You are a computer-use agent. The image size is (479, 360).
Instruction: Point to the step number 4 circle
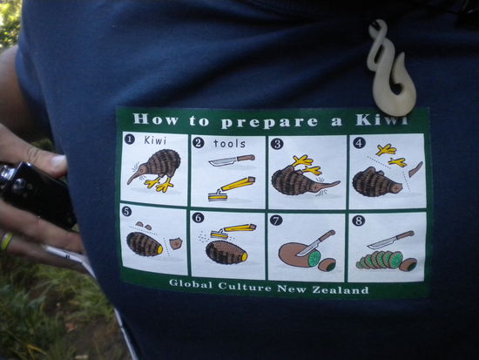360,143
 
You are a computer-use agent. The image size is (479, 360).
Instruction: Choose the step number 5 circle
127,211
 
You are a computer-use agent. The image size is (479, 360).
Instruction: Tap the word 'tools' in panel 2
229,143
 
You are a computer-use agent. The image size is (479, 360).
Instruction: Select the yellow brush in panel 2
231,187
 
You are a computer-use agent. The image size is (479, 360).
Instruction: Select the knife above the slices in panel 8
391,239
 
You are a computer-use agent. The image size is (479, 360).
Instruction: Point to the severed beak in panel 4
415,168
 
